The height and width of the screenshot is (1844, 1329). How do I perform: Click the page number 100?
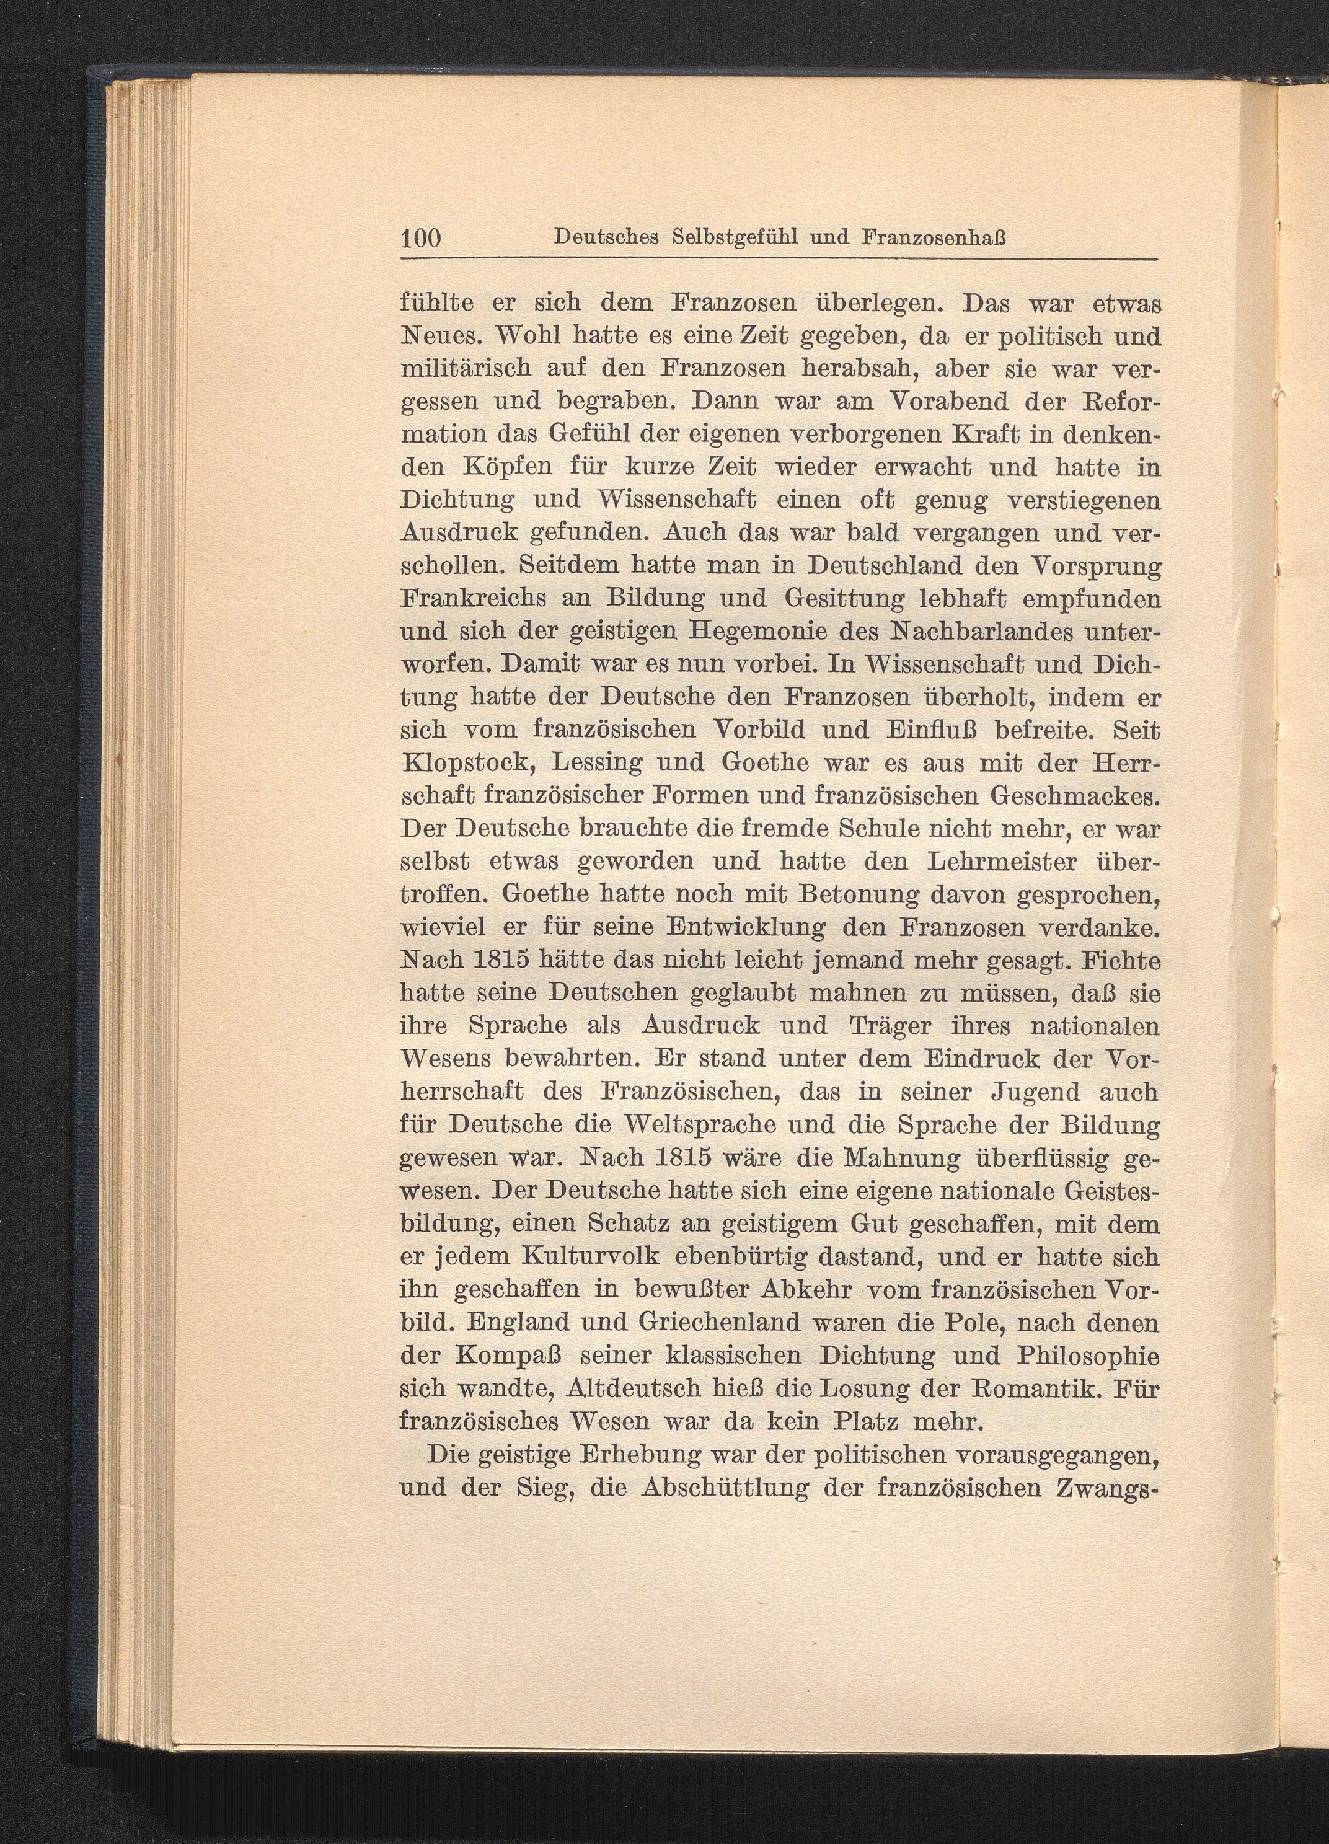click(x=420, y=238)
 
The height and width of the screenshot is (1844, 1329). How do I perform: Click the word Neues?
click(x=439, y=336)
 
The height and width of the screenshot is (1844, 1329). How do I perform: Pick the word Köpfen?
click(x=508, y=469)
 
